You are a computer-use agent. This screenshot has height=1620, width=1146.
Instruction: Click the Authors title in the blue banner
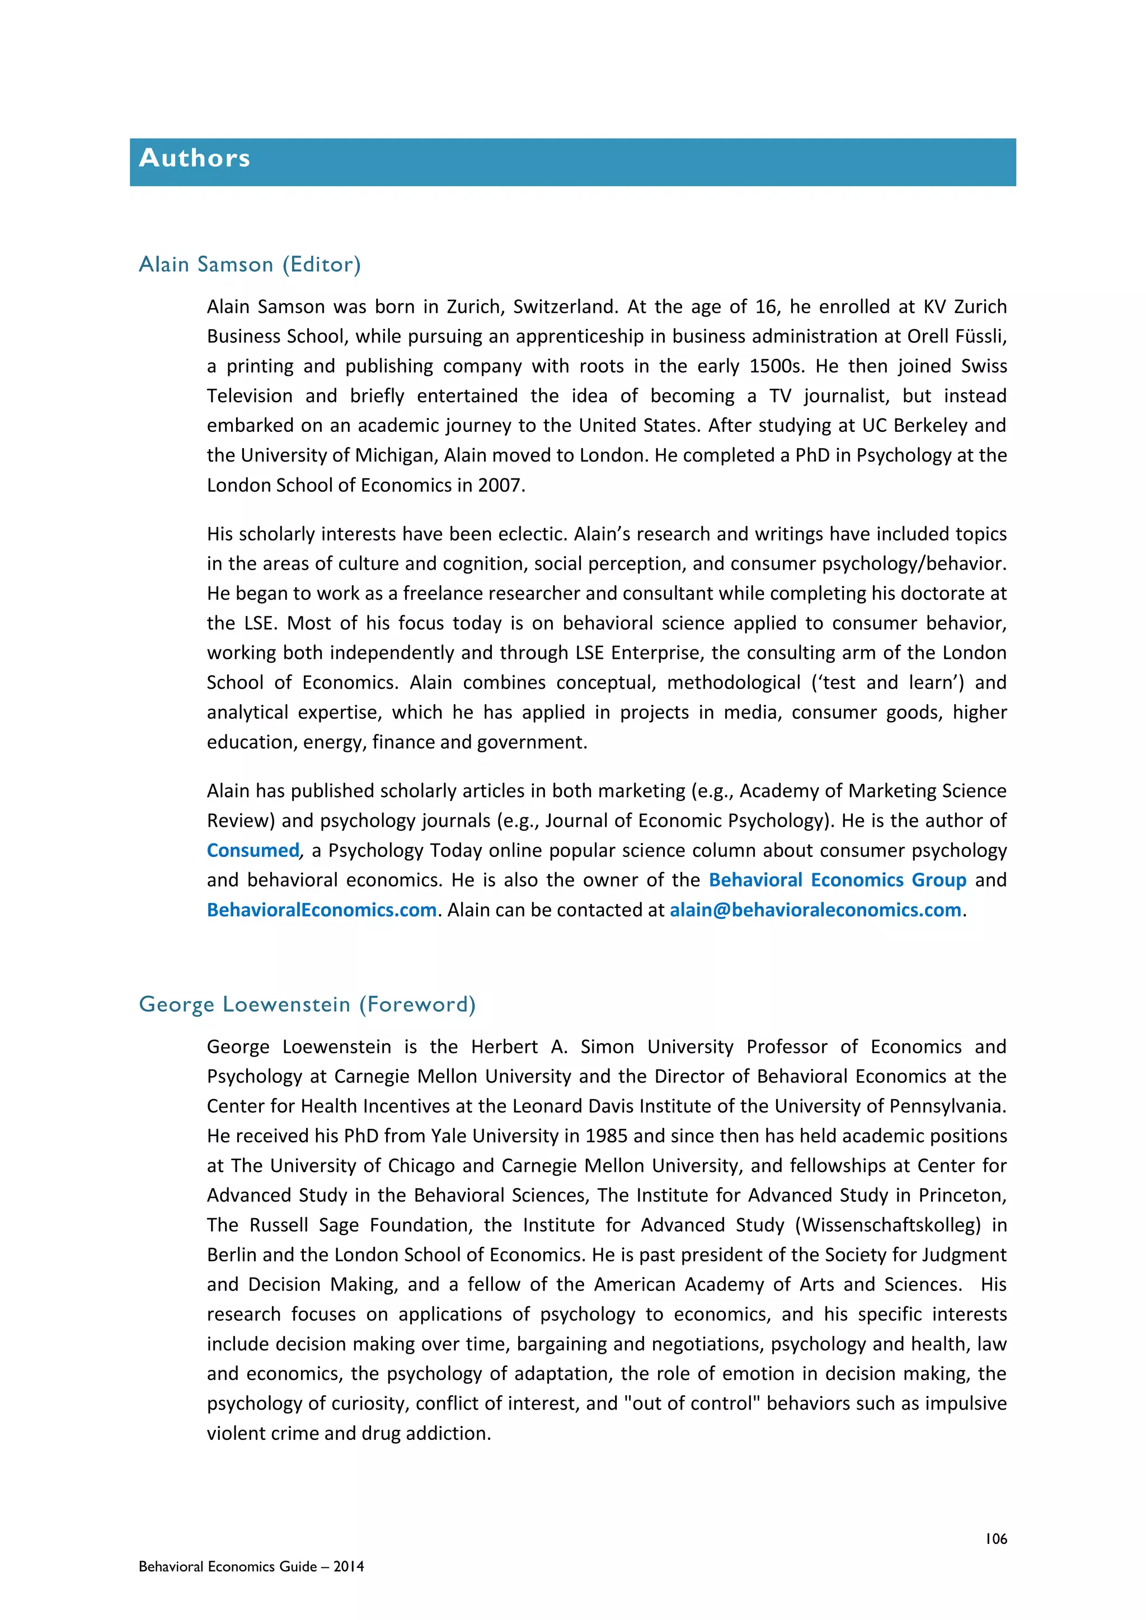pyautogui.click(x=195, y=158)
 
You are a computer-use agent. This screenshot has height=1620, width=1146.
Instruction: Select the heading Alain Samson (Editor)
pyautogui.click(x=250, y=265)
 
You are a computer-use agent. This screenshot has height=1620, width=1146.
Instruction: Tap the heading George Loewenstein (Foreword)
pyautogui.click(x=307, y=1004)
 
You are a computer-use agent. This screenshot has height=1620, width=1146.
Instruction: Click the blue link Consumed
pyautogui.click(x=252, y=850)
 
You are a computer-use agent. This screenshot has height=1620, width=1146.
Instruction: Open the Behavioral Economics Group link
pyautogui.click(x=837, y=880)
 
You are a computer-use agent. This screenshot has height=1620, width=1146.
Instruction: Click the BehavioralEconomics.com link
pyautogui.click(x=322, y=910)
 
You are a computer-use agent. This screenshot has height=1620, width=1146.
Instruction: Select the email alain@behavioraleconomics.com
pyautogui.click(x=815, y=910)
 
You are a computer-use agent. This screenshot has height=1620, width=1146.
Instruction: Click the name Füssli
pyautogui.click(x=980, y=337)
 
